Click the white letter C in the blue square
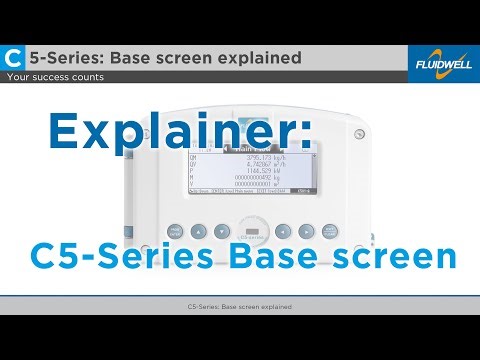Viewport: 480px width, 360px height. point(14,57)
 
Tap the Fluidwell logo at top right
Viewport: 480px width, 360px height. point(443,63)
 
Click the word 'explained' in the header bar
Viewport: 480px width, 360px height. point(265,57)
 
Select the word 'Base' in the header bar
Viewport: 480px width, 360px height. point(149,57)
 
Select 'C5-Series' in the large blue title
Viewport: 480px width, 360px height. point(120,255)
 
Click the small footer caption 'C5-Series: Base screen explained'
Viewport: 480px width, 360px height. point(239,306)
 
